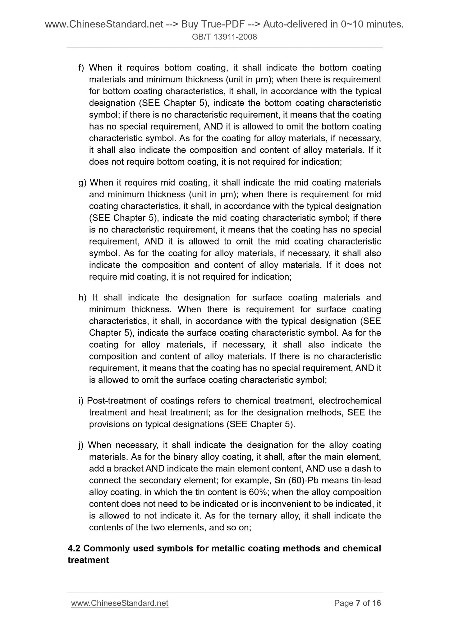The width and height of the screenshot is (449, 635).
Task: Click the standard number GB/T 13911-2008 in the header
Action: [x=224, y=37]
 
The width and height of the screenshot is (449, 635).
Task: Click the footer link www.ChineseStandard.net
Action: [x=120, y=603]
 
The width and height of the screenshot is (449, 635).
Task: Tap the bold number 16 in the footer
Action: [x=377, y=603]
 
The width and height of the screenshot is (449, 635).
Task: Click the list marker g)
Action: [x=82, y=183]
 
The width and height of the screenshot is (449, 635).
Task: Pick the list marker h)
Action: [x=82, y=298]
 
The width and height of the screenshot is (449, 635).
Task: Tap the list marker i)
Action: [x=81, y=401]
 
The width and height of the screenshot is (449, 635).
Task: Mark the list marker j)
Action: [x=81, y=445]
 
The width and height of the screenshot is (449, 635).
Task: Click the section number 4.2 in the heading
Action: [x=74, y=548]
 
